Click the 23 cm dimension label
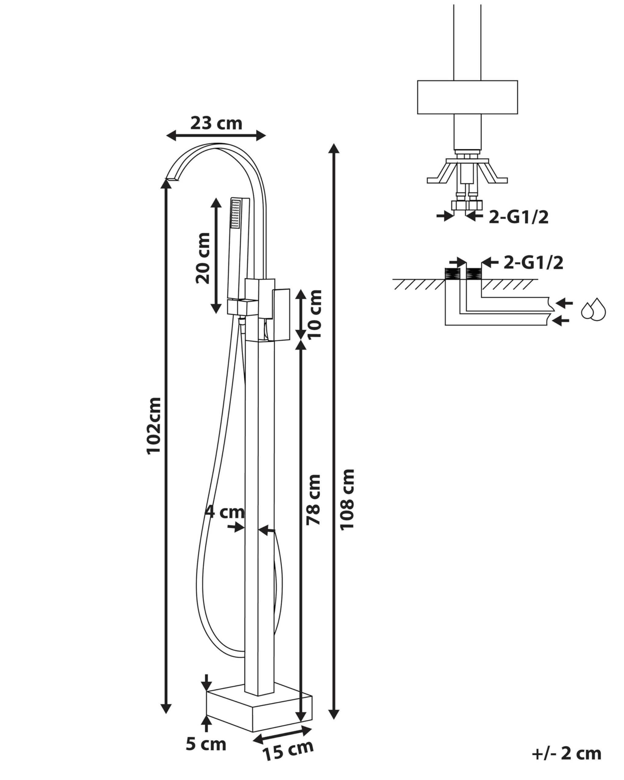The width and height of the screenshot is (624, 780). click(x=216, y=123)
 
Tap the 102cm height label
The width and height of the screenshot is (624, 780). click(x=153, y=425)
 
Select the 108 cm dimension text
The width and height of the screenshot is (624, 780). click(x=347, y=500)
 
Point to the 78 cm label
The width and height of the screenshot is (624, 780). click(x=313, y=499)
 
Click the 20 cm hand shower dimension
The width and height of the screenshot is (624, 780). click(x=203, y=258)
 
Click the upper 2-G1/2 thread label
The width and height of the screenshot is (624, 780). click(x=518, y=217)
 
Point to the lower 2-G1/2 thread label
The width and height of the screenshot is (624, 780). click(x=533, y=263)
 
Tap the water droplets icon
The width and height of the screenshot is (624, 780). click(x=593, y=309)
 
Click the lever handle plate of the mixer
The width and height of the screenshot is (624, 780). click(x=282, y=314)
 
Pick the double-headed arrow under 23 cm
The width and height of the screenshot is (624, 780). click(x=216, y=136)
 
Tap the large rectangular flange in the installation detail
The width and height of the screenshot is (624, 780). click(x=467, y=97)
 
